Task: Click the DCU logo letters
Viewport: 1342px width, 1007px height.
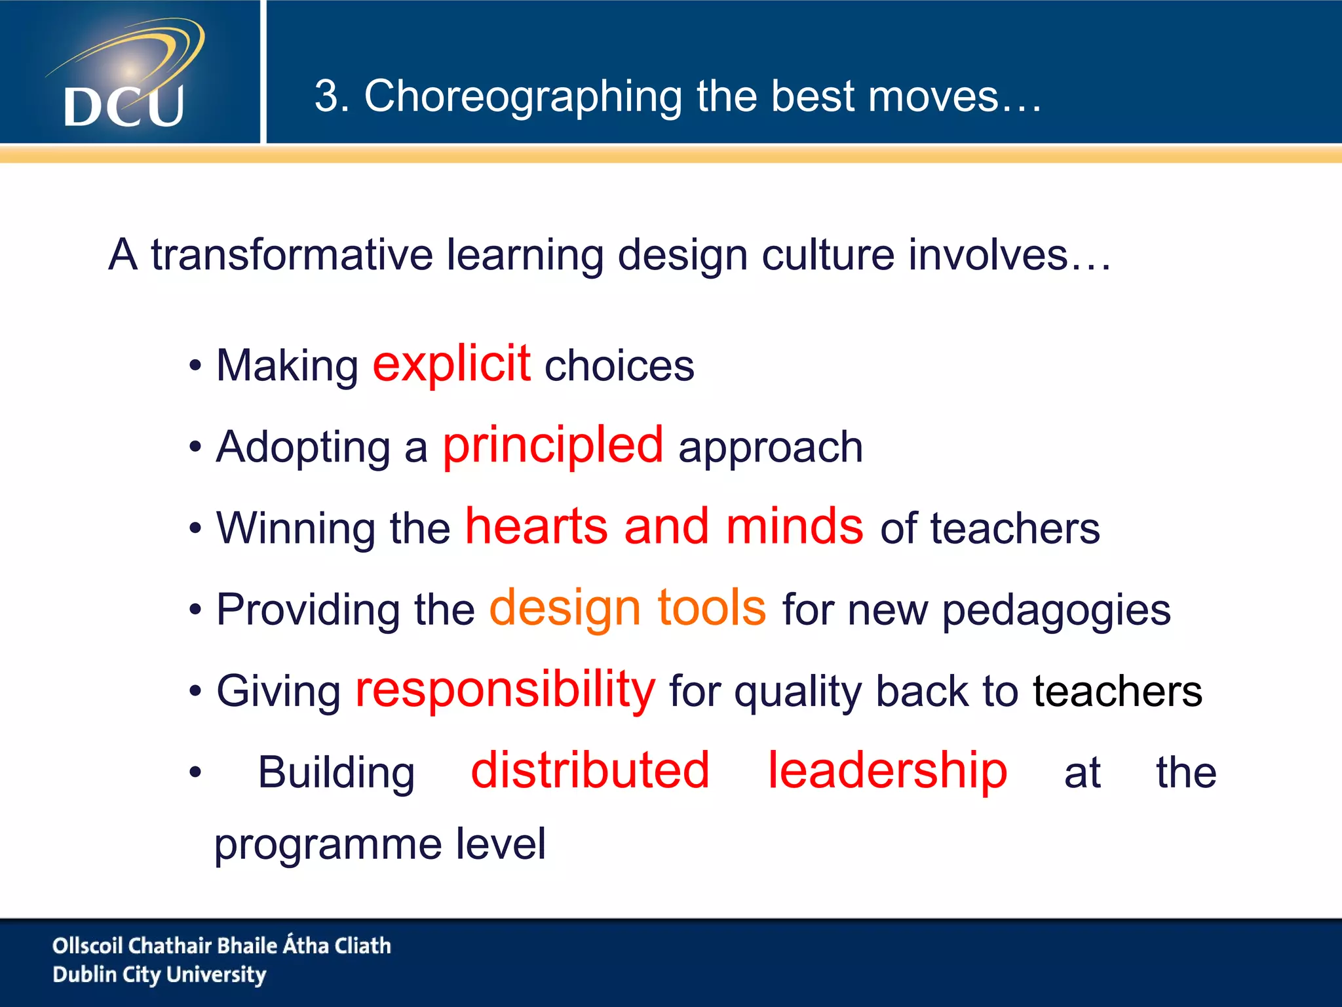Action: click(x=124, y=106)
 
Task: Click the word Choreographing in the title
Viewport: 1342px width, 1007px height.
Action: click(x=522, y=97)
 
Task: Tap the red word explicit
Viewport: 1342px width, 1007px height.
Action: click(x=451, y=363)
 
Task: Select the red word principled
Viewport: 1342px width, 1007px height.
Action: click(x=552, y=446)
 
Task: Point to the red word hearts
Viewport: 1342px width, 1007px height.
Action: click(x=537, y=526)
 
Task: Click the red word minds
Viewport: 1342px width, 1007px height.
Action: click(x=794, y=526)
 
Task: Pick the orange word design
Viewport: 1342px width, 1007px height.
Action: click(x=564, y=608)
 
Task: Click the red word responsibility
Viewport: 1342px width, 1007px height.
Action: click(x=505, y=690)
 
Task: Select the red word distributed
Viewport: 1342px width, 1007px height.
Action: click(x=590, y=770)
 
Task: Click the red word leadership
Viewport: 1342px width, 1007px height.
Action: click(x=887, y=770)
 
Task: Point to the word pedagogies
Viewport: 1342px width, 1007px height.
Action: click(x=1056, y=610)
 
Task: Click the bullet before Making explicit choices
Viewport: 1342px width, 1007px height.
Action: click(x=195, y=366)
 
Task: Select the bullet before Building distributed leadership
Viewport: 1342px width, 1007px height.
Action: click(x=195, y=773)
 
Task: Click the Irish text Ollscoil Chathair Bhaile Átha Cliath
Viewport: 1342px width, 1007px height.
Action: click(x=221, y=945)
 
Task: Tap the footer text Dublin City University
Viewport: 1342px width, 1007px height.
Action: click(x=159, y=975)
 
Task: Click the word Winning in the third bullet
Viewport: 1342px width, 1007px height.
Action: click(x=296, y=529)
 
